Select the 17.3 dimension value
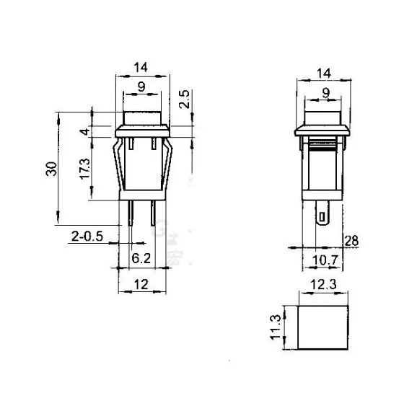pyautogui.click(x=85, y=168)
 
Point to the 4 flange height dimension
pyautogui.click(x=85, y=132)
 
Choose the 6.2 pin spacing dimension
pyautogui.click(x=141, y=257)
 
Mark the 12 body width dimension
pyautogui.click(x=141, y=286)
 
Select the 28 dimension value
pyautogui.click(x=351, y=240)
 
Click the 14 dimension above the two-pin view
pyautogui.click(x=141, y=68)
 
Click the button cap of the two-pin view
pyautogui.click(x=142, y=118)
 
